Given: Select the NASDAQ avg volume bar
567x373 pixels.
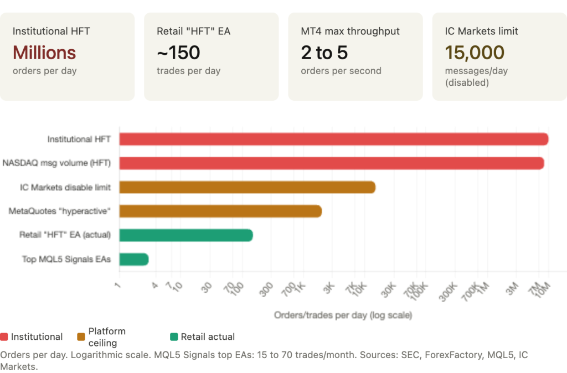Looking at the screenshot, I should (x=332, y=163).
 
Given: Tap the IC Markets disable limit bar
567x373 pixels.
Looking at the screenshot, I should (x=247, y=187).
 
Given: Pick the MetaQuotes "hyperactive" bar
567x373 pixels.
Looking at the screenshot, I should (x=220, y=211).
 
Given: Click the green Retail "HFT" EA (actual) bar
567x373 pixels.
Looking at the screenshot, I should (x=185, y=235).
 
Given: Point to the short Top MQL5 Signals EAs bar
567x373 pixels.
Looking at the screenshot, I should (x=133, y=259).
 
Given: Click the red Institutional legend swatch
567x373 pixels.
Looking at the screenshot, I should (x=4, y=336).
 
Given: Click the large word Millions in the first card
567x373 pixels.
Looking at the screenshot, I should (x=44, y=53).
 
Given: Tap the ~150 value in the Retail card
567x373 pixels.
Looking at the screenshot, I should (x=178, y=53).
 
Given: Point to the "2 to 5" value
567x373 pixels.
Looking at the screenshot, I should (x=324, y=53).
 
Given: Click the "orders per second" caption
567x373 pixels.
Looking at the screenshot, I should (x=341, y=71).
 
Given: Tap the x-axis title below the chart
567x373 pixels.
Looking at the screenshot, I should (x=343, y=315).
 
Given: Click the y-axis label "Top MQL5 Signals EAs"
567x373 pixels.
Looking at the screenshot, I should (x=66, y=259).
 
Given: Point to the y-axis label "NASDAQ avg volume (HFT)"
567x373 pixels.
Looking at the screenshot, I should (x=57, y=163).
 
